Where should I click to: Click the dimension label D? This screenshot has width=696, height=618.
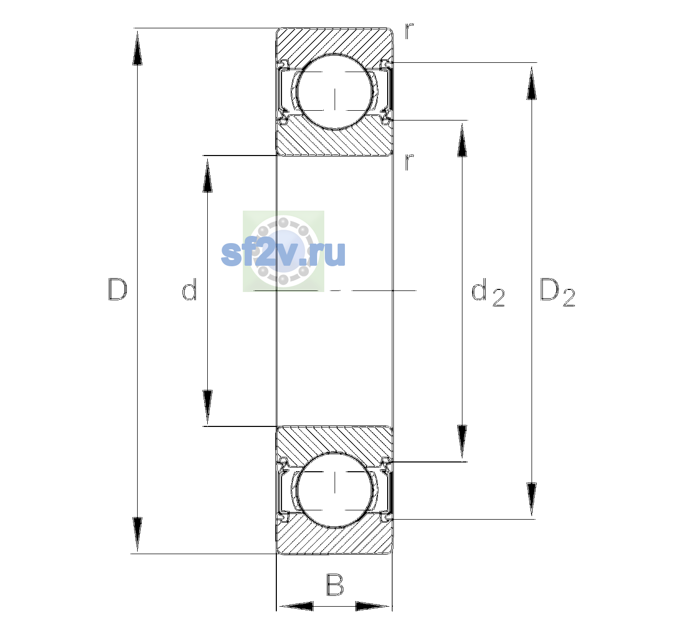pos(118,289)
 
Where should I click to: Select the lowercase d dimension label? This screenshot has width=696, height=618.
pos(189,289)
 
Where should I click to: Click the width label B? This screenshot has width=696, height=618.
pos(335,585)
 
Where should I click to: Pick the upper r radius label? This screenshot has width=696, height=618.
pos(409,31)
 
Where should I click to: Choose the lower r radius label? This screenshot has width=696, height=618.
pos(409,162)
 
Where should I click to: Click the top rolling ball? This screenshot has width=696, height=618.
pos(335,92)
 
